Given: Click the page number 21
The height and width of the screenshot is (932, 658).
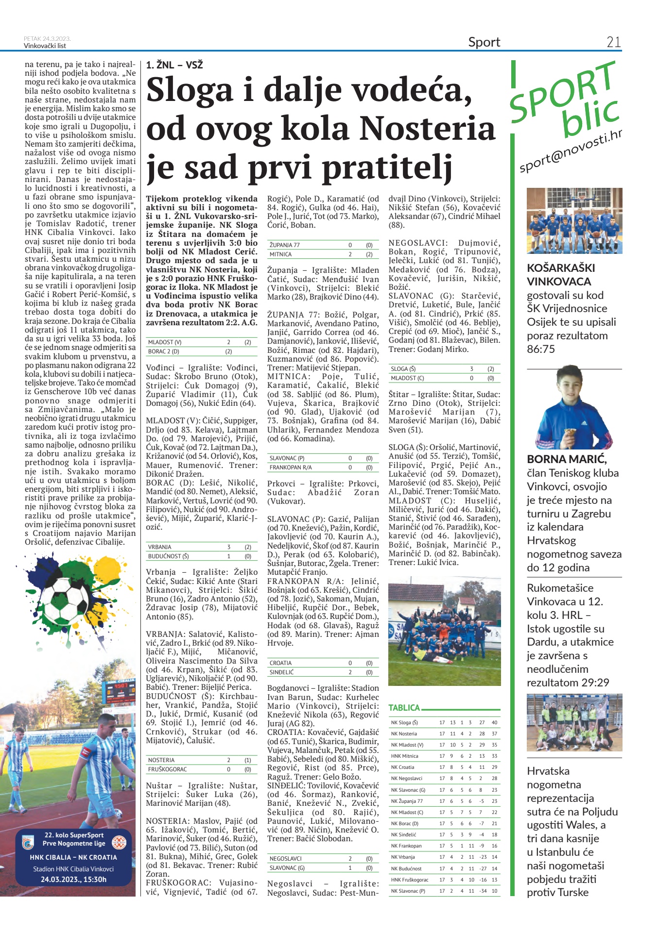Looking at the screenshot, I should (x=613, y=42).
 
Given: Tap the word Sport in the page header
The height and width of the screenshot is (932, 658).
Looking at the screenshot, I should (x=484, y=42).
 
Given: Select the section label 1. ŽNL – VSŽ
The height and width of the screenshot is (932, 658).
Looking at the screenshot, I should (x=174, y=65).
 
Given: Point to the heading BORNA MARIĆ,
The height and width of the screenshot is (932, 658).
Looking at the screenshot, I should (x=567, y=459).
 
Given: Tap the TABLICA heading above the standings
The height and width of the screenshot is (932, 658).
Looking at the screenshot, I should (x=404, y=708).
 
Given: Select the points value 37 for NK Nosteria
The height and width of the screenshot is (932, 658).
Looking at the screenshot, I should (x=494, y=734).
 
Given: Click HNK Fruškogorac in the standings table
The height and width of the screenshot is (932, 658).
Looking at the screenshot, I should (x=410, y=880).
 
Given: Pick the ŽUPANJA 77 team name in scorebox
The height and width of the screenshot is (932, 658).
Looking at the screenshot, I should (x=285, y=245).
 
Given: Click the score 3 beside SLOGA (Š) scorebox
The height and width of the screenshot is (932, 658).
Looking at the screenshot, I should (x=471, y=369).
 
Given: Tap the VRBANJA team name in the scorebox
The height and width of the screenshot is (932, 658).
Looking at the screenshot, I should (x=160, y=547).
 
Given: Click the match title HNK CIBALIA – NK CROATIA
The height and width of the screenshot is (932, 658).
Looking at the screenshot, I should (x=73, y=858).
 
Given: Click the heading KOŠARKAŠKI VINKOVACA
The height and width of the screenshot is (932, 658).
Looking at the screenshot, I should (x=561, y=275).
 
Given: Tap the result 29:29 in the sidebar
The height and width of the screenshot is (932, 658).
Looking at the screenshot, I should (x=595, y=682).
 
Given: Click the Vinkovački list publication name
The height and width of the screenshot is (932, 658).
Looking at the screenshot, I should (x=45, y=46).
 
